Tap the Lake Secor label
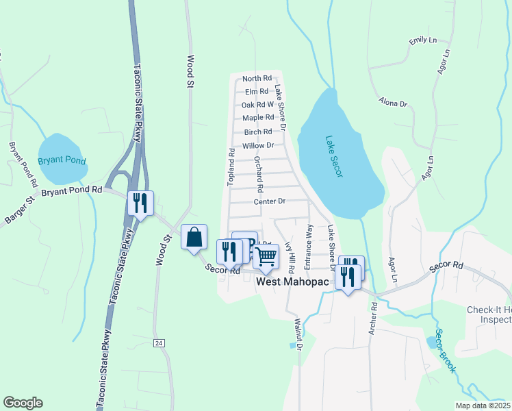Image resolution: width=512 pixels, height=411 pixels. [334, 157]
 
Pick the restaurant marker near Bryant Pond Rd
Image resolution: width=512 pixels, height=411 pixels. [141, 203]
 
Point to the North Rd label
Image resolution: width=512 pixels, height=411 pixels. [257, 78]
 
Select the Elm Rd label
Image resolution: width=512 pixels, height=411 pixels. [256, 91]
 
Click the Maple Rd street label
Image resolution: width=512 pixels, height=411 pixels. [258, 118]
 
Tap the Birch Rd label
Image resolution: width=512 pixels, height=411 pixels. [258, 132]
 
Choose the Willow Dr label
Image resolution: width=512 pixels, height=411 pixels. [258, 145]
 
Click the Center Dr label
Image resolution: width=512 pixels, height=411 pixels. [269, 201]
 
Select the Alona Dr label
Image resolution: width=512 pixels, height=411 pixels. [393, 103]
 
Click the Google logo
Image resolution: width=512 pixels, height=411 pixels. [23, 403]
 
